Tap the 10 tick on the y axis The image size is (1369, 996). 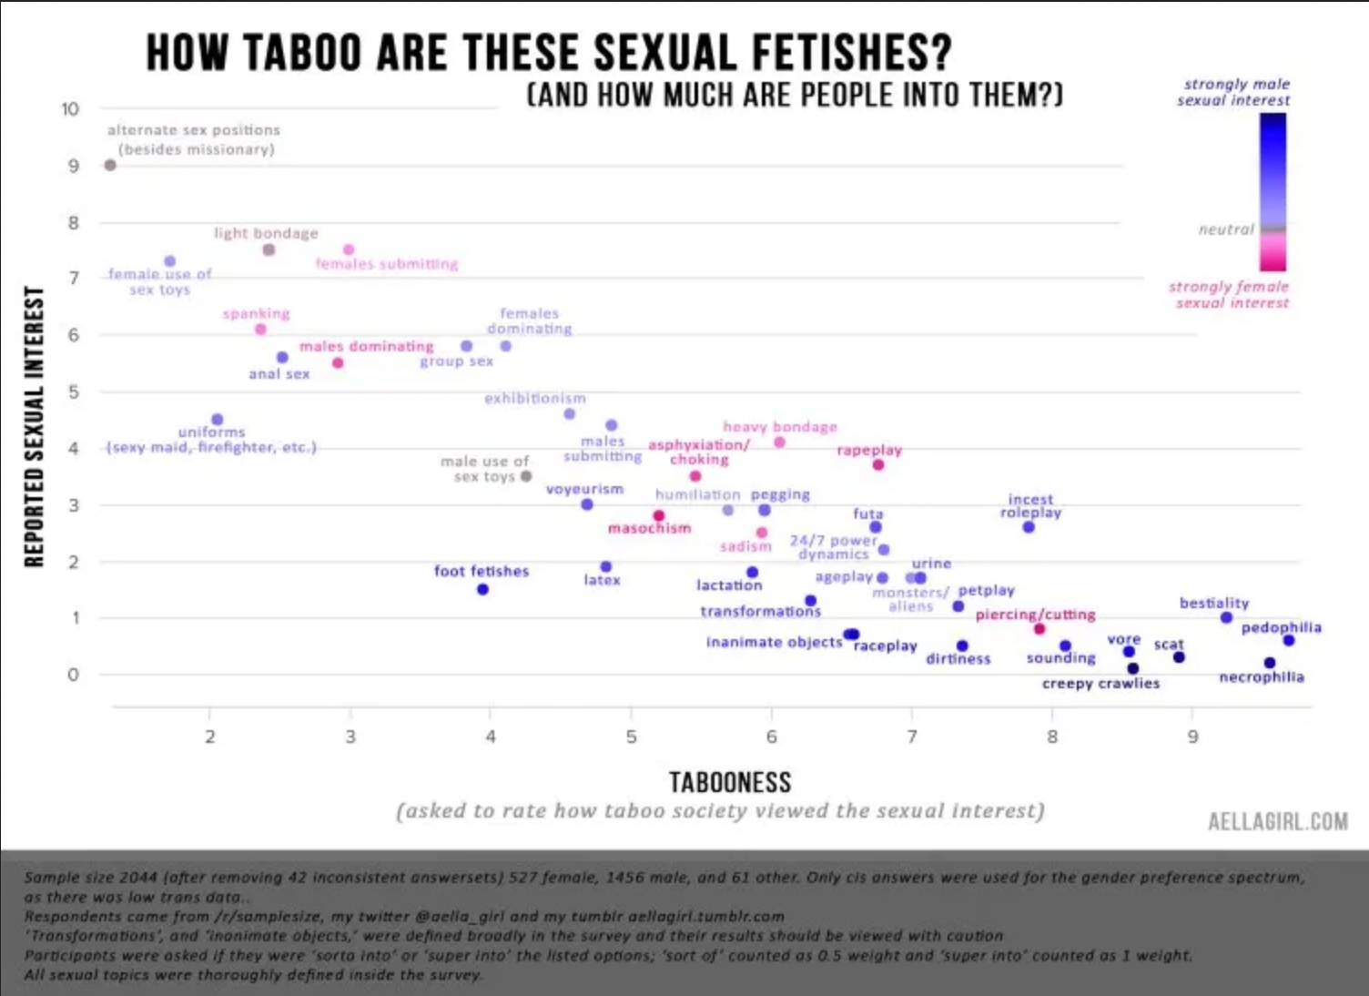click(x=70, y=109)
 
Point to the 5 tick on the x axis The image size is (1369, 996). click(x=631, y=737)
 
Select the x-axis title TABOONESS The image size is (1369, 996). click(x=730, y=782)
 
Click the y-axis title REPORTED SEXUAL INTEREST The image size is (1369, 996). click(x=35, y=426)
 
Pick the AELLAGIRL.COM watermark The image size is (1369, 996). click(x=1277, y=821)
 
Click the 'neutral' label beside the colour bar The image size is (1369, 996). click(x=1225, y=229)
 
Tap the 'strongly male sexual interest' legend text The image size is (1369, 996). click(x=1234, y=92)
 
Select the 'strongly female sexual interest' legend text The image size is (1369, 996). click(x=1230, y=294)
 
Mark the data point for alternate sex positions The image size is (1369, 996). click(x=110, y=166)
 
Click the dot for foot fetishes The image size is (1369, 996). click(x=482, y=589)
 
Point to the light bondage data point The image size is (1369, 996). click(x=269, y=249)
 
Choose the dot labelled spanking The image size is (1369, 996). click(x=260, y=330)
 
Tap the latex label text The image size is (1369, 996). click(x=602, y=580)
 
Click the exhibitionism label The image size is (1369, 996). click(x=535, y=399)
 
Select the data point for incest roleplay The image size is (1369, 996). click(x=1029, y=527)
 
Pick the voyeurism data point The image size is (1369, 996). click(x=587, y=504)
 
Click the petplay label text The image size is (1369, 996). click(x=986, y=590)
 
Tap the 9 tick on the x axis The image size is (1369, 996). click(x=1192, y=737)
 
